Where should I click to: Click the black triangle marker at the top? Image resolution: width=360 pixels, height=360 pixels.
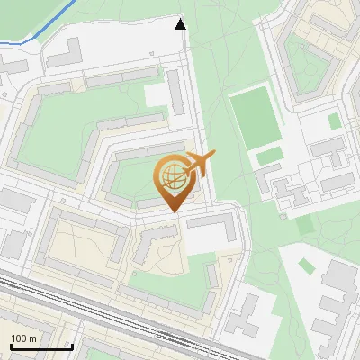click(x=181, y=24)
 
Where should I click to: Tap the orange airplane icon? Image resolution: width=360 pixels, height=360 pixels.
click(x=200, y=164)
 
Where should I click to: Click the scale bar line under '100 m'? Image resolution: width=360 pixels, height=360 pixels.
click(x=40, y=346)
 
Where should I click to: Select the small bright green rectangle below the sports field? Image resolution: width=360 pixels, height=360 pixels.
click(x=269, y=157)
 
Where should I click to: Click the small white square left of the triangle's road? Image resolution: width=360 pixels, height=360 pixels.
click(x=157, y=94)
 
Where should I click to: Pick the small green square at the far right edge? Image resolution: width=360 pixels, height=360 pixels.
click(x=335, y=121)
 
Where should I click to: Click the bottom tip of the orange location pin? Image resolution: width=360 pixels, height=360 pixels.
click(x=172, y=211)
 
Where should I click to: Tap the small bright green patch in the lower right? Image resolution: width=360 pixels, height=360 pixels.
click(x=305, y=265)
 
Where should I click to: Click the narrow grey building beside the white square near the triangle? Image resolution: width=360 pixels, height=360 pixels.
click(x=176, y=93)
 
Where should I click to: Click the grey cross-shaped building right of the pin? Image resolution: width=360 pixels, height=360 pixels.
click(x=287, y=193)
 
